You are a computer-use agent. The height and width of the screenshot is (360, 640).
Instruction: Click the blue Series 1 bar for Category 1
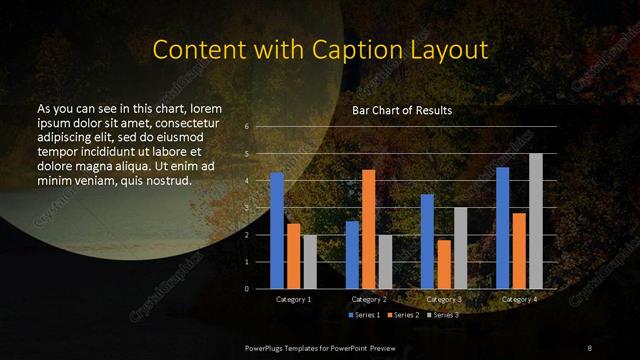coord(277,230)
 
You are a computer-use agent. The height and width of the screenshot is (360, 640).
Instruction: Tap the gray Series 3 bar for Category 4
coord(536,221)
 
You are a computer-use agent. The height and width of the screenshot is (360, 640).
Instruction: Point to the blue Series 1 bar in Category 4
coord(503,228)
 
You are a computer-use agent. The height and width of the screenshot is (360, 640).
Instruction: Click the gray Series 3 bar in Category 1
coord(310,262)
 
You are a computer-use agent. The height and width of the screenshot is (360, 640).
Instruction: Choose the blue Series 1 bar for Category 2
coord(352,254)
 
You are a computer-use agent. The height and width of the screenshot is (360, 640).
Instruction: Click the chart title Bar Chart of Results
coord(402,110)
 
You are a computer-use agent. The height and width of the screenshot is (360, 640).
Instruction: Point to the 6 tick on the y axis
coord(246,127)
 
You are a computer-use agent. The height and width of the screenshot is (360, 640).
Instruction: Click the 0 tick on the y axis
coord(246,288)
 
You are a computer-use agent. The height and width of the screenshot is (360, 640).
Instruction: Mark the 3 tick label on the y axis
coord(246,208)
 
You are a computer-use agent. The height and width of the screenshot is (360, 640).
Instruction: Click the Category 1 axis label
coord(293,299)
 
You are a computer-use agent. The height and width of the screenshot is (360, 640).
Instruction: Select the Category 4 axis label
coord(519,299)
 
